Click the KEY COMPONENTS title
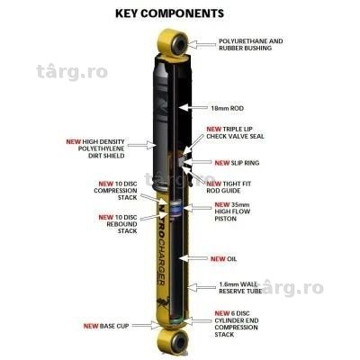(169, 13)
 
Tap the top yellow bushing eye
(175, 42)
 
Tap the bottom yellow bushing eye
(173, 341)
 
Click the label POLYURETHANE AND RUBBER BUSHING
(251, 44)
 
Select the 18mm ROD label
(227, 108)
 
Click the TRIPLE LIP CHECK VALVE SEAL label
(236, 132)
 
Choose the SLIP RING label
(237, 163)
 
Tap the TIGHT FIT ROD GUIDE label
(229, 187)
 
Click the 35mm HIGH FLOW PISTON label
(232, 211)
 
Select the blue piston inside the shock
(175, 208)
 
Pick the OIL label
(224, 258)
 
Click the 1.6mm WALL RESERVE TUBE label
(239, 287)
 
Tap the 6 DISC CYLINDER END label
(237, 324)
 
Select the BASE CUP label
(106, 326)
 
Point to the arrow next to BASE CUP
(147, 325)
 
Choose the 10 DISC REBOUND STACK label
(118, 224)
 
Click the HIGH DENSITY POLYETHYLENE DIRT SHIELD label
(95, 148)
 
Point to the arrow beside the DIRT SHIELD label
(140, 145)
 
